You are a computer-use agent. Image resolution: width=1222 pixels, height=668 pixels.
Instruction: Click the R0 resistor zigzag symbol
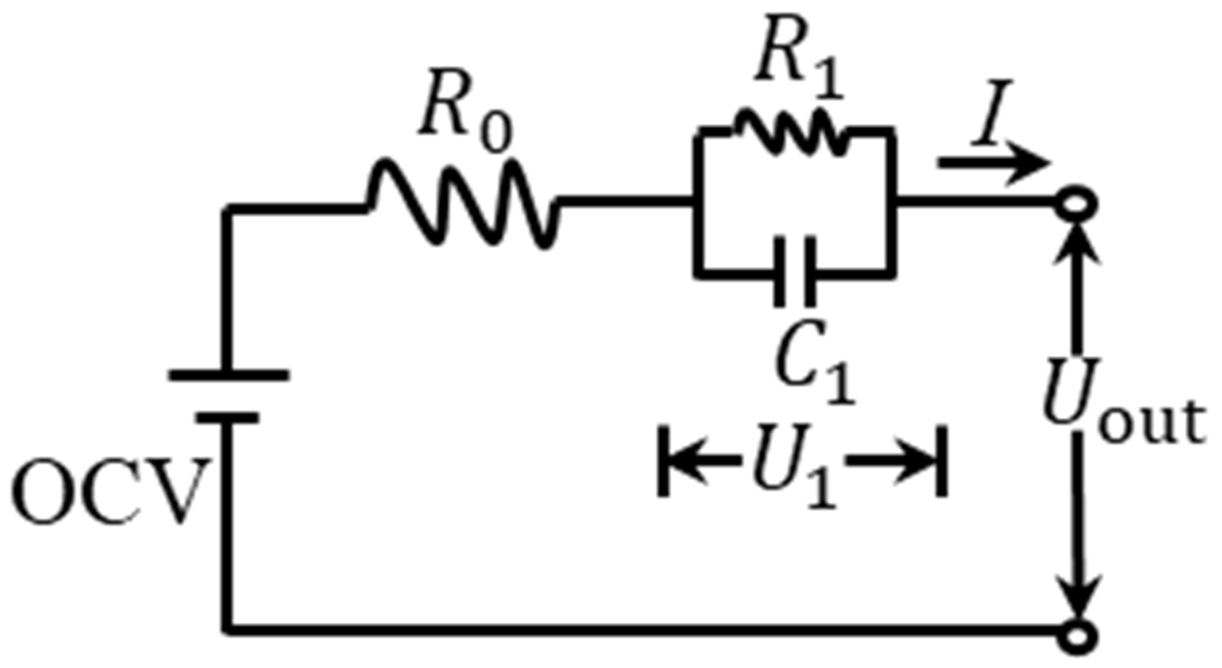pos(463,204)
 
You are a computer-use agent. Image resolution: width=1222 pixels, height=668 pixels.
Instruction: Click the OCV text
pos(108,491)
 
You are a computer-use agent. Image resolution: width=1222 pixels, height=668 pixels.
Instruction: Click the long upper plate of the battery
pos(228,375)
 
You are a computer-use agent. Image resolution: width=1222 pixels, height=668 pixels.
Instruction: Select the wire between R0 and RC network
pos(623,201)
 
